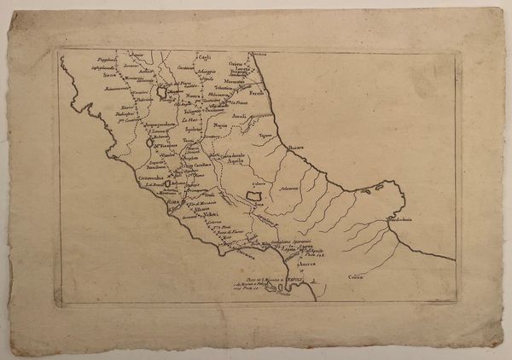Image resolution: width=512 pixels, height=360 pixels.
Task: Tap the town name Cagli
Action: coord(205,57)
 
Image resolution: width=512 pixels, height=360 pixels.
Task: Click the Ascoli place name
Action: coord(240,116)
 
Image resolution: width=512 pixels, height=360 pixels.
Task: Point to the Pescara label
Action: coord(295,148)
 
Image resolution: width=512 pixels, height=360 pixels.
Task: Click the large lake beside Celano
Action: coord(253,197)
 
